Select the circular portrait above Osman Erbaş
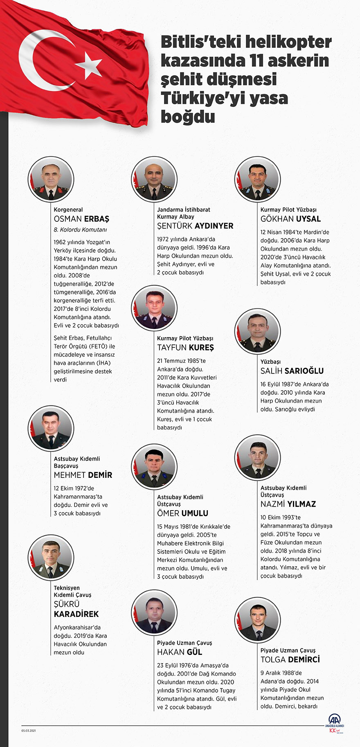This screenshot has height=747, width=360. (x=51, y=179)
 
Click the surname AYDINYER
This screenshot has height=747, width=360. (x=214, y=226)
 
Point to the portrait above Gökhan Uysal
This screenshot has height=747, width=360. (x=258, y=179)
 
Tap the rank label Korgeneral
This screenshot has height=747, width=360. (x=68, y=210)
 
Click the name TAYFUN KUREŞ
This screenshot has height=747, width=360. (x=185, y=347)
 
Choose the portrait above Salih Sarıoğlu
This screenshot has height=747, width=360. (x=258, y=331)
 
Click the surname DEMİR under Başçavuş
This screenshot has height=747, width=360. (x=100, y=475)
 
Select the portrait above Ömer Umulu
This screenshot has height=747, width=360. (x=154, y=466)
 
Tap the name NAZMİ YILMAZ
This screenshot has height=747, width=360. (x=288, y=504)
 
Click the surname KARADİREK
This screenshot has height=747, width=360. (x=76, y=614)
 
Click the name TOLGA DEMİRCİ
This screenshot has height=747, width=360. (x=290, y=659)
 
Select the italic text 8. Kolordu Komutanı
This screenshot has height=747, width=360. (x=80, y=230)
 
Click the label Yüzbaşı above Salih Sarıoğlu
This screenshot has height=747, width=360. (x=270, y=362)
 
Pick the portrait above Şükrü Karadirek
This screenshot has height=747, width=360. (x=51, y=557)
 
